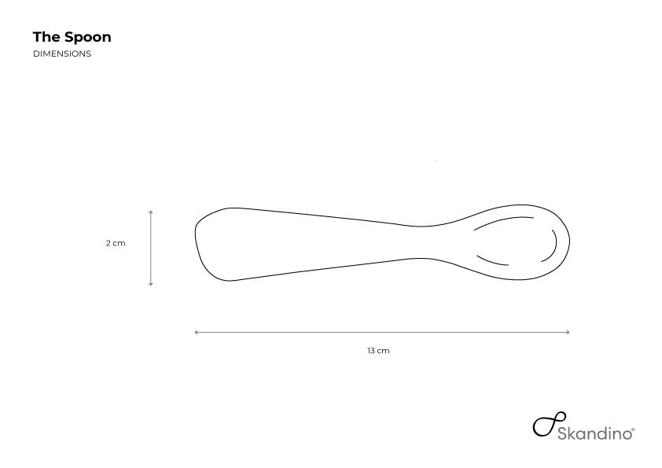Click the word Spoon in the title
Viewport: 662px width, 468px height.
(88, 38)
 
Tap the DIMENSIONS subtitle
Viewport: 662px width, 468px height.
(62, 53)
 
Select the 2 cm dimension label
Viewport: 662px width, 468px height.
(116, 243)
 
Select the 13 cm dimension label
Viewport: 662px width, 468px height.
(378, 351)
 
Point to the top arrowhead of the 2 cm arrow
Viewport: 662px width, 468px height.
(151, 212)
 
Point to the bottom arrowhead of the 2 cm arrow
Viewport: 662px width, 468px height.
(151, 284)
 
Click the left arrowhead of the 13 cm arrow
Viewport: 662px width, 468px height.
(197, 333)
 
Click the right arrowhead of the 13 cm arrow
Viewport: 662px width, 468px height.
(568, 333)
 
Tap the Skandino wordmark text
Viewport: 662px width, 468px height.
(594, 433)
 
